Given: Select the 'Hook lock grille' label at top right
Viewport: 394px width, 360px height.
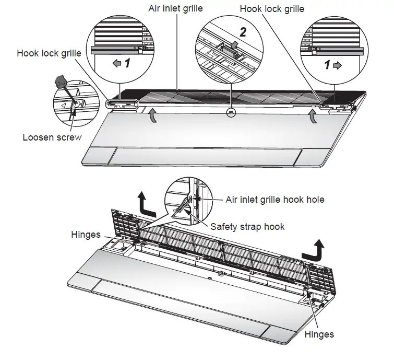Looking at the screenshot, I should coord(271,8).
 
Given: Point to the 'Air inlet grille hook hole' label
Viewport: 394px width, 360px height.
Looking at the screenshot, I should coord(275,200).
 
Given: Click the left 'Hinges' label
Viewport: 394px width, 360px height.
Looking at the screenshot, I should coord(86,235).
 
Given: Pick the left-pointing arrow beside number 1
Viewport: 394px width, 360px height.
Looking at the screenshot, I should coord(117,63).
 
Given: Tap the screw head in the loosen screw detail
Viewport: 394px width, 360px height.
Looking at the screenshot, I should coord(76,105).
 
